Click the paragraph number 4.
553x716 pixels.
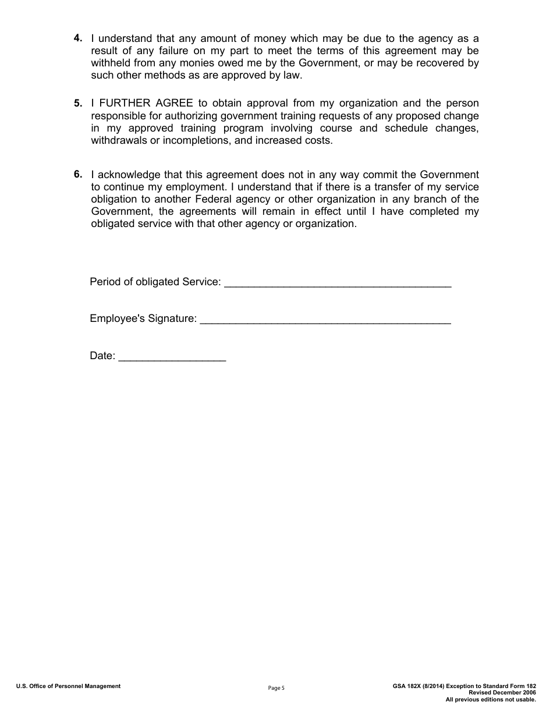[x=77, y=38]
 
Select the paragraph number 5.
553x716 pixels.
[x=77, y=104]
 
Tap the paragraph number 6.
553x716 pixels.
[x=77, y=174]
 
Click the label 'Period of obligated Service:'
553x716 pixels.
[x=155, y=282]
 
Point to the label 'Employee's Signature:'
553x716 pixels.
[x=143, y=319]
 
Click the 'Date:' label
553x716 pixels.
[x=102, y=356]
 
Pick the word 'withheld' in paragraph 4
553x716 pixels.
[x=111, y=63]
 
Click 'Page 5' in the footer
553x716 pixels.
[x=276, y=688]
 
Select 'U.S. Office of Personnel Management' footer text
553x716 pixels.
[x=68, y=686]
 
